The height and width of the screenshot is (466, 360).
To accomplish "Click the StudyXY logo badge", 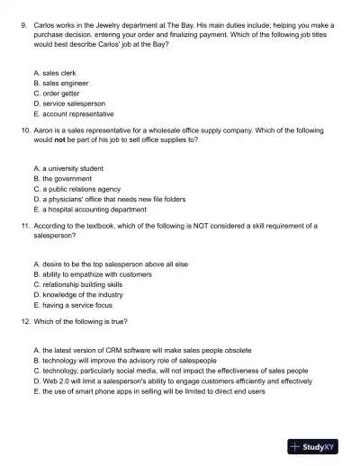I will [319, 444].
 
